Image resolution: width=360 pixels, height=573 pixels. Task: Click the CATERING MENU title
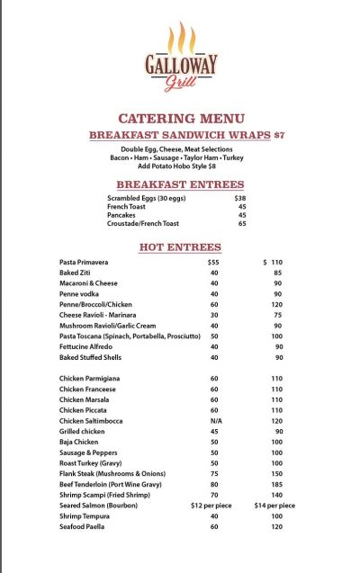180,118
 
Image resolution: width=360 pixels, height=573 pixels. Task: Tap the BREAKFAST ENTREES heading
180,184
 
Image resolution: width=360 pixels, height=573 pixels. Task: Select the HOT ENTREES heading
180,246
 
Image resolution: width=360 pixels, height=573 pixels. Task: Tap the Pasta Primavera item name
84,262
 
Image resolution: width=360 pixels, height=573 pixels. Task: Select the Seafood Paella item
83,526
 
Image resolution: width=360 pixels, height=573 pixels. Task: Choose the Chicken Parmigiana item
89,379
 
